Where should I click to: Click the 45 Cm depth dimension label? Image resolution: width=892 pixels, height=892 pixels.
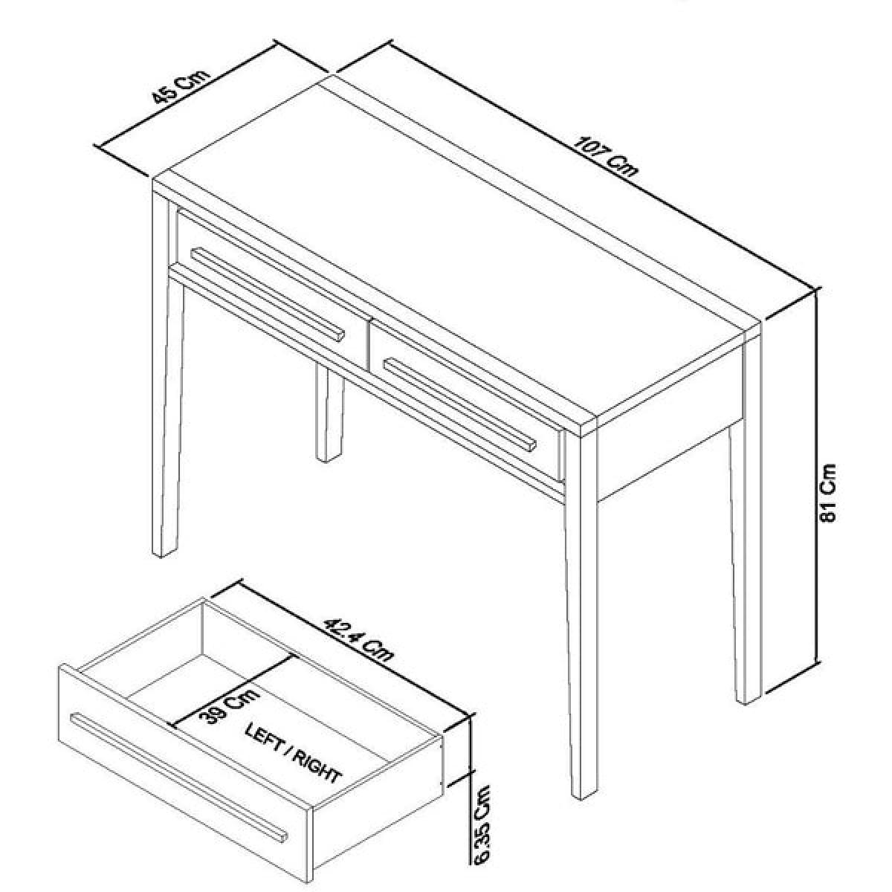[181, 93]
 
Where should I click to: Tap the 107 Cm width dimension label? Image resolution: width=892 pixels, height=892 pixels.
[606, 156]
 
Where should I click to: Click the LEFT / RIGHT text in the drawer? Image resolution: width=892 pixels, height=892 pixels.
[293, 759]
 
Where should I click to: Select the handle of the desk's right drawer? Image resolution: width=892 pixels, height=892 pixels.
[459, 404]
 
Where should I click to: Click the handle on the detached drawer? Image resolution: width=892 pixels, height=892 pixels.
[178, 778]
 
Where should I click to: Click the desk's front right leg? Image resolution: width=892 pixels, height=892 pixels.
[582, 611]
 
